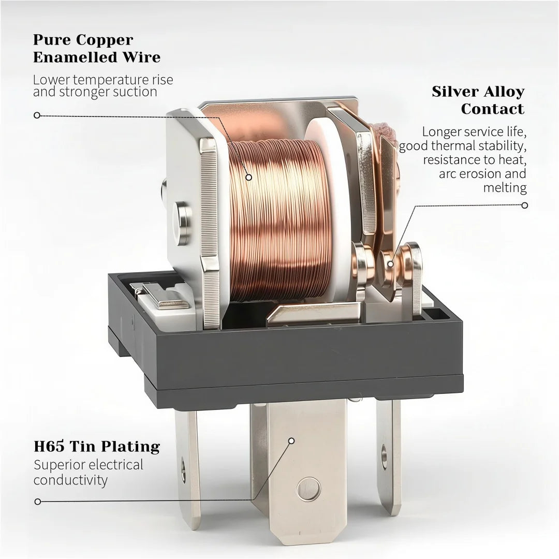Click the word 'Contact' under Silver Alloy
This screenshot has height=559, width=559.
(x=493, y=109)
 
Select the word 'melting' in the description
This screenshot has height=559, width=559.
(x=505, y=187)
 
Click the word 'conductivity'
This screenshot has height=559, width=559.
(x=70, y=480)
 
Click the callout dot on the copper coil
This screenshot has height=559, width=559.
(x=249, y=177)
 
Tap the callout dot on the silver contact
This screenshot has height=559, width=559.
(x=391, y=264)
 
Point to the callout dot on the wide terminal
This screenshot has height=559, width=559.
(x=291, y=441)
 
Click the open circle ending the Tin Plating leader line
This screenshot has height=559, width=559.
(x=38, y=502)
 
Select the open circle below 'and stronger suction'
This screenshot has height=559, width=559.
(x=37, y=115)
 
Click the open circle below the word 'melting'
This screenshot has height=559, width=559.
(x=524, y=205)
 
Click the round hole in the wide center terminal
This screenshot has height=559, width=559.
(x=308, y=489)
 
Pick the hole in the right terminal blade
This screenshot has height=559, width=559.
(x=384, y=456)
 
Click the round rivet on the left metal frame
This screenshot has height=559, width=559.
(x=182, y=224)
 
